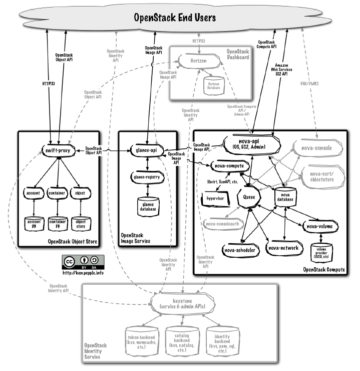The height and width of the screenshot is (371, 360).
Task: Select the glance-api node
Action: [147, 149]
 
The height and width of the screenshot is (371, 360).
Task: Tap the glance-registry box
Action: [147, 177]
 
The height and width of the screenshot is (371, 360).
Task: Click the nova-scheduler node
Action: [240, 250]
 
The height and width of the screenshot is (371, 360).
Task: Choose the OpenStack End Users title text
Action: [175, 18]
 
